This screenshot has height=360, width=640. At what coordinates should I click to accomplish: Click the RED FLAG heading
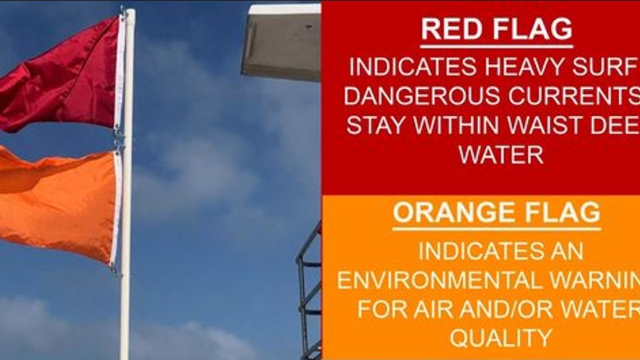[x=496, y=30]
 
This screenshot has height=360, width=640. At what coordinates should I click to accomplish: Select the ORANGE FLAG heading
[x=496, y=213]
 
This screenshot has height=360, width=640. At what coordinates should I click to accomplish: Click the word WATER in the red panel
[x=501, y=154]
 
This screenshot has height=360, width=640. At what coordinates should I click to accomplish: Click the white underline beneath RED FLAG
[x=496, y=47]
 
